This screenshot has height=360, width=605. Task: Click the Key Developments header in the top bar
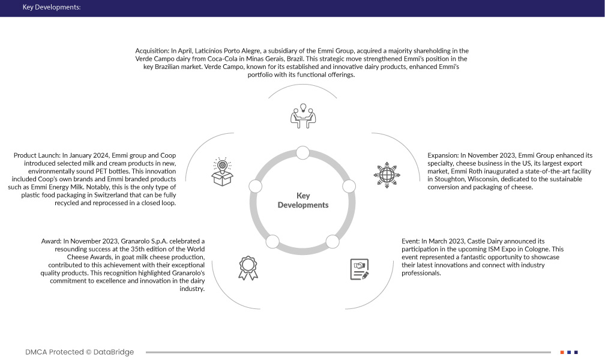click(50, 8)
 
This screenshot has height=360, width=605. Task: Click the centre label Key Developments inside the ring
click(303, 200)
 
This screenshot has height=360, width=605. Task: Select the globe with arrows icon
click(385, 173)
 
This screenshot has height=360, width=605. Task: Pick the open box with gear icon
click(221, 172)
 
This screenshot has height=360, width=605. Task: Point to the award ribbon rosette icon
click(247, 266)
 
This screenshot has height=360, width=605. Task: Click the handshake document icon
click(359, 268)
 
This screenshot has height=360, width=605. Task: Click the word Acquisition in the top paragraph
click(152, 51)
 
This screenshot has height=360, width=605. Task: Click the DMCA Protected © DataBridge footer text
click(79, 352)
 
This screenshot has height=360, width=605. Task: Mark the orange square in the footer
click(562, 352)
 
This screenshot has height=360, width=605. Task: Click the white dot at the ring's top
click(303, 151)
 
